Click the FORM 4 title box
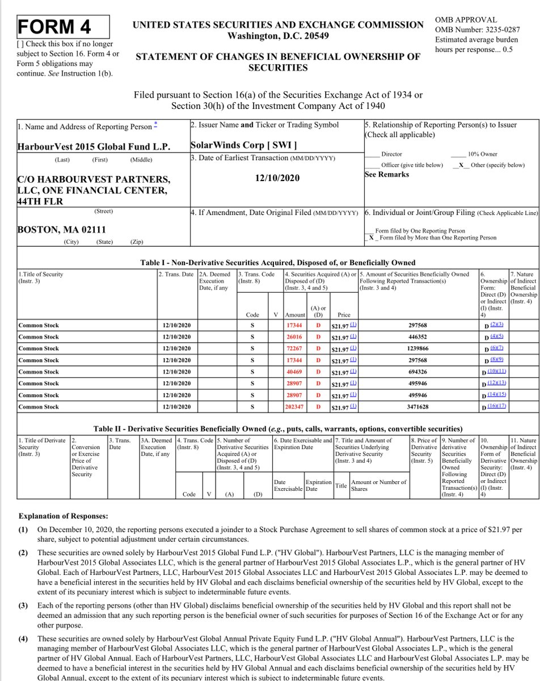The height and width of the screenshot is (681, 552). click(x=55, y=27)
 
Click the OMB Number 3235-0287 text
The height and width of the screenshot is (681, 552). click(x=477, y=30)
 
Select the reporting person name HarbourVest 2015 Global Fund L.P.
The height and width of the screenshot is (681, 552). click(x=94, y=146)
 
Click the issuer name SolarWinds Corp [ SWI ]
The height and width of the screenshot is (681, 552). click(x=243, y=146)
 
